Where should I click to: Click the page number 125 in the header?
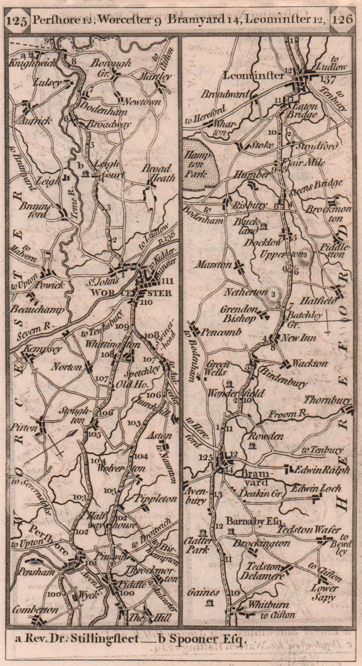click(17, 19)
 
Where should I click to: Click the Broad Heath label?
click(157, 173)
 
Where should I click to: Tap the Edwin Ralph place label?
click(322, 469)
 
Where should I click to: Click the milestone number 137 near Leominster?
click(328, 79)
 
